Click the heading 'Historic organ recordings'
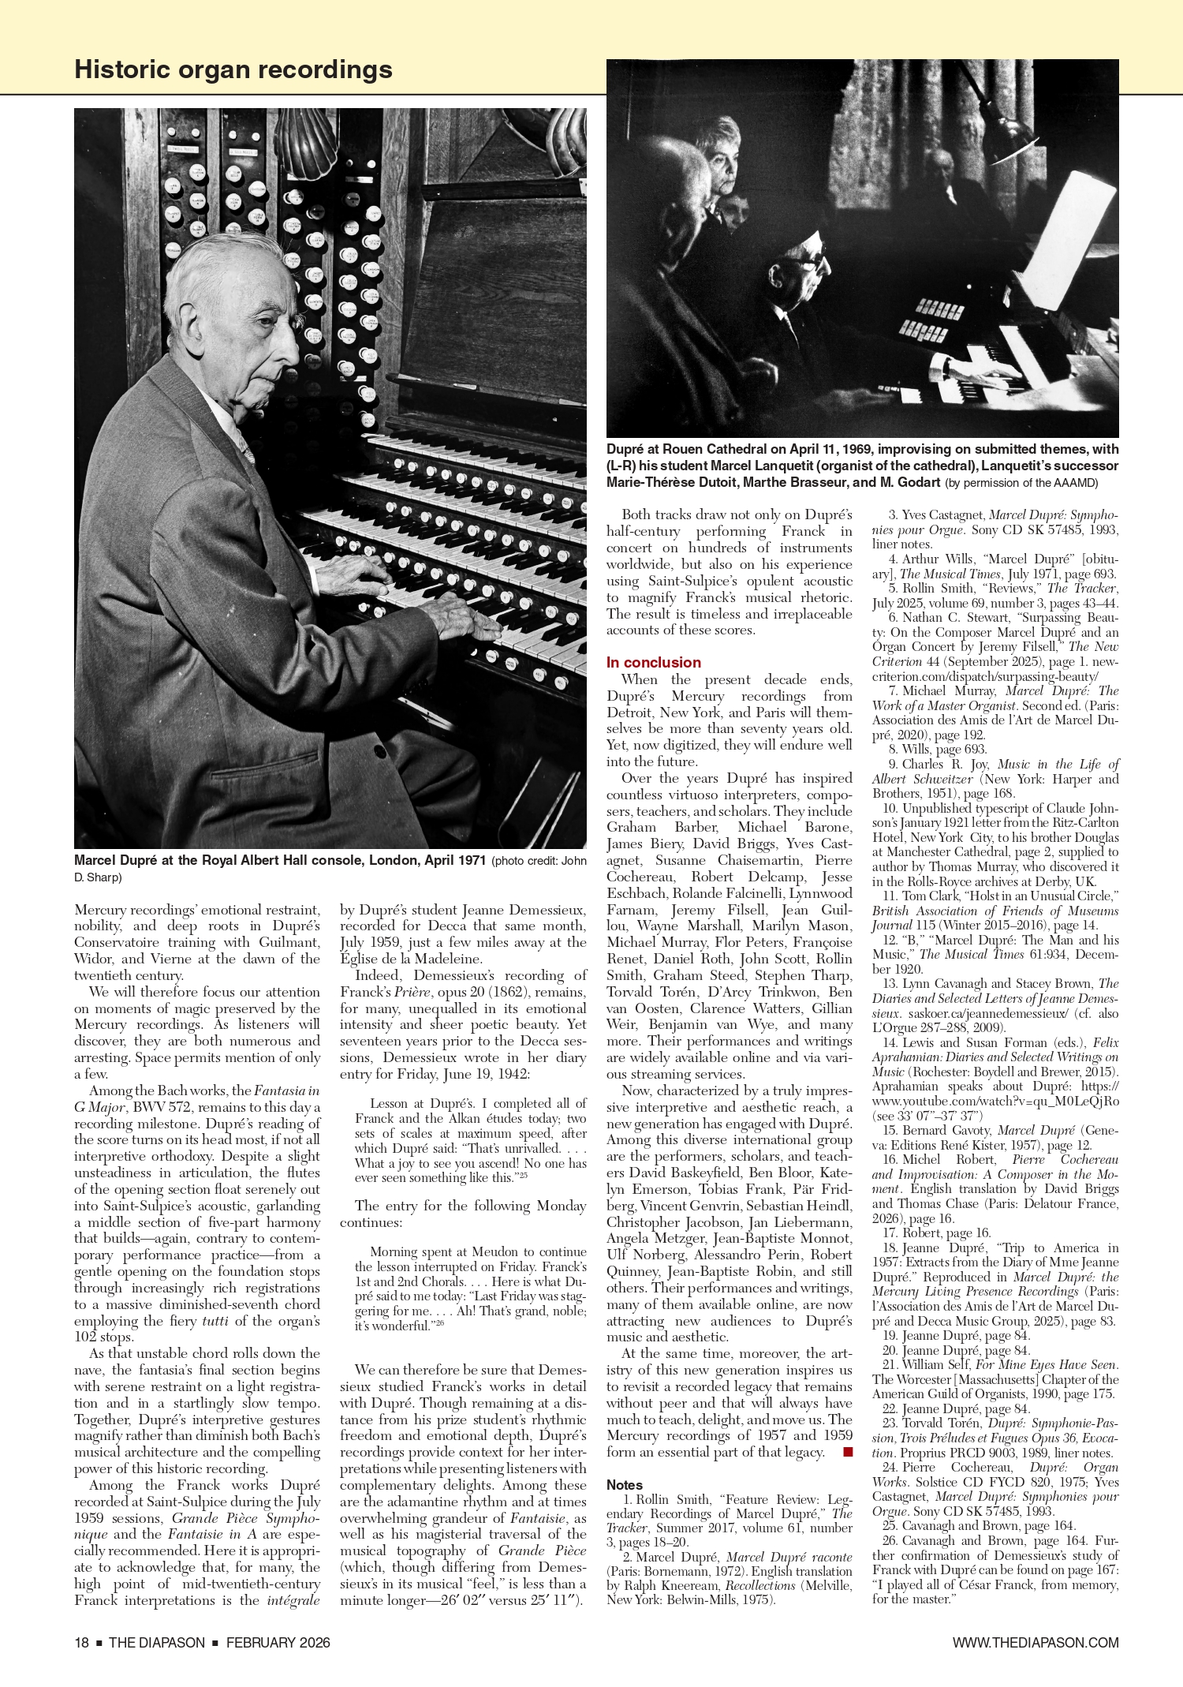[233, 69]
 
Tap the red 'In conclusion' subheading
[653, 662]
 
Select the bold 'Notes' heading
[624, 1484]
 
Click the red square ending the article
[848, 1451]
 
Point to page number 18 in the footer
[81, 1642]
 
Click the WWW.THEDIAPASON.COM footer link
[1035, 1642]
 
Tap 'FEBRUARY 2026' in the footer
[278, 1642]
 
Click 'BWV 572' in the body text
[162, 1107]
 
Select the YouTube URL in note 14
[995, 1101]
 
